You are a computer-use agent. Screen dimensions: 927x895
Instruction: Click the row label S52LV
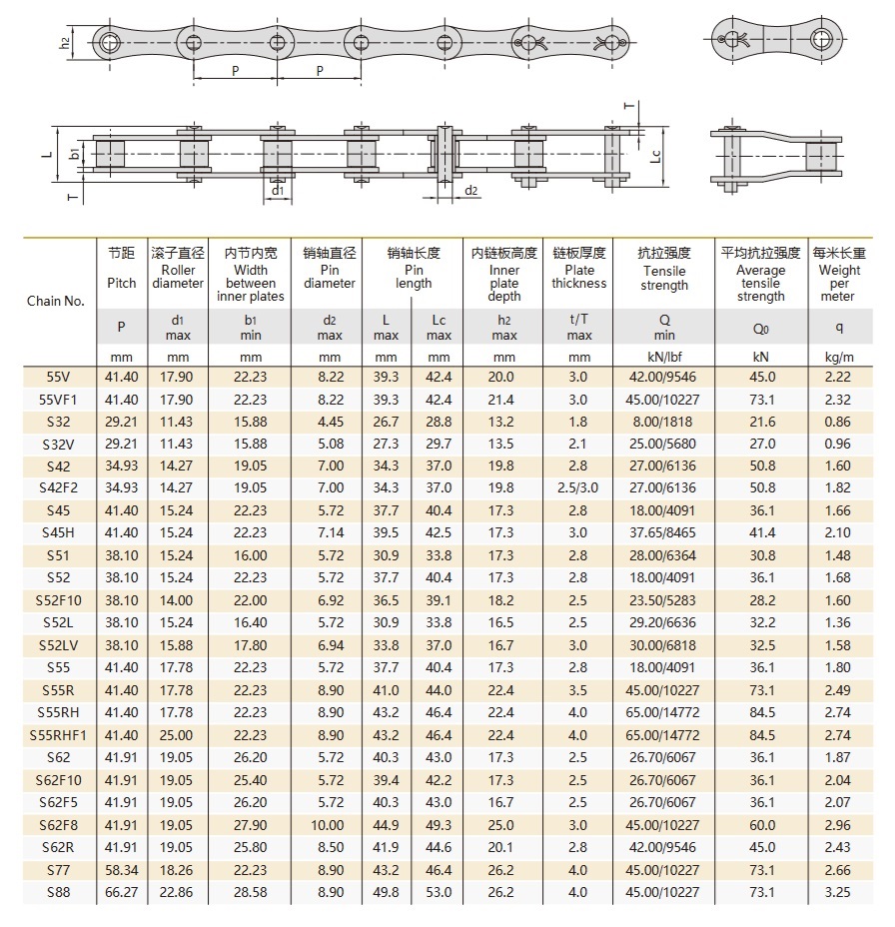coord(59,644)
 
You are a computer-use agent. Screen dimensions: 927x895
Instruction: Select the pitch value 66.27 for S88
coord(121,892)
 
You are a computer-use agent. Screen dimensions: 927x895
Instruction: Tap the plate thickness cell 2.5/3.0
coord(578,487)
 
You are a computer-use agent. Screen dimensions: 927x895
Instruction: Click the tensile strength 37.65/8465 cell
coord(664,532)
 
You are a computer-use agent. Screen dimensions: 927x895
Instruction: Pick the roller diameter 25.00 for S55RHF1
coord(178,735)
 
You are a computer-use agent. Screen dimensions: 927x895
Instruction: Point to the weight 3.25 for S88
coord(839,892)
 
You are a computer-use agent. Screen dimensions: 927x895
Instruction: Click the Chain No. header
coord(56,301)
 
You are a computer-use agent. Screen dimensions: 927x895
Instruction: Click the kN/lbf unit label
coord(664,357)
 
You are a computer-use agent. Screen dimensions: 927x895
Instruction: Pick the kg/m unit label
coord(839,357)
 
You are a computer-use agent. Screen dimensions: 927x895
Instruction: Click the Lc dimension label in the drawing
coord(655,156)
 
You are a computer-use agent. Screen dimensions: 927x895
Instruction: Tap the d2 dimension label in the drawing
coord(470,190)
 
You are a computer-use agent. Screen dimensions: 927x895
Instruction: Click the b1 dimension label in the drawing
coord(74,154)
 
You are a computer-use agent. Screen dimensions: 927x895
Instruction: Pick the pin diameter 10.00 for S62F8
coord(329,825)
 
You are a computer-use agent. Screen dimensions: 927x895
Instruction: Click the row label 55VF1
coord(59,399)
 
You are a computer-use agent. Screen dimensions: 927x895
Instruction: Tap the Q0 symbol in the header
coord(761,327)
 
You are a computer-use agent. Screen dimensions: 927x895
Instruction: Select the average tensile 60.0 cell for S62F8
coord(761,825)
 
